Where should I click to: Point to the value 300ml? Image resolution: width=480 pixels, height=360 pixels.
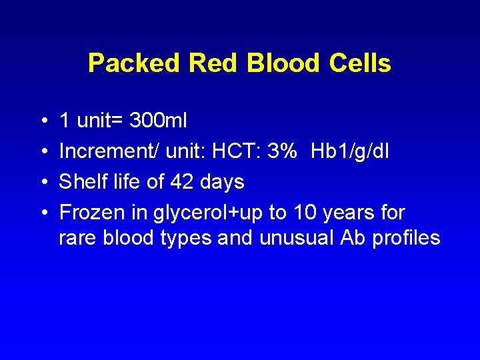[x=158, y=121]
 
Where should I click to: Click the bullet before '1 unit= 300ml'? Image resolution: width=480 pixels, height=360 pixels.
[x=43, y=121]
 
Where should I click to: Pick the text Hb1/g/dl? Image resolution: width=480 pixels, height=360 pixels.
[x=350, y=151]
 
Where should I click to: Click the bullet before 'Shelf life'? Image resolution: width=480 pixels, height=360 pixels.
[x=43, y=182]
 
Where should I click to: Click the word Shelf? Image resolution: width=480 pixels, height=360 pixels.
[x=81, y=181]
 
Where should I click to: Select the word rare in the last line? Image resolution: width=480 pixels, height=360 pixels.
[x=78, y=239]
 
